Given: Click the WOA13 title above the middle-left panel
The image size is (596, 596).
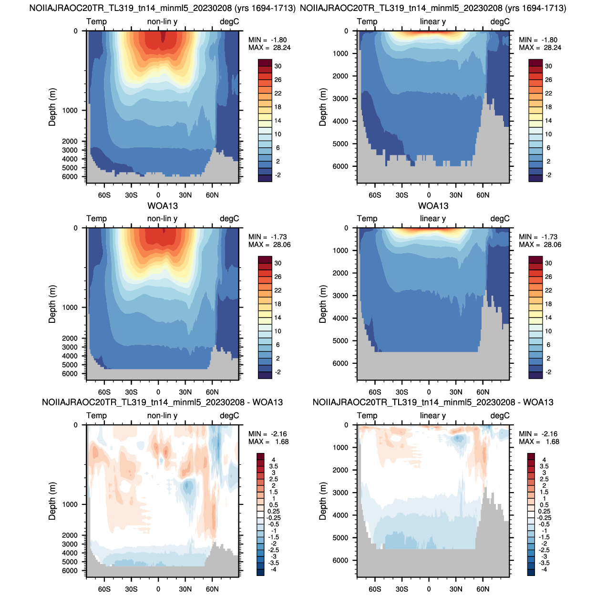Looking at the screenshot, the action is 163,206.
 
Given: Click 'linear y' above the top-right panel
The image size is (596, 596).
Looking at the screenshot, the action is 432,21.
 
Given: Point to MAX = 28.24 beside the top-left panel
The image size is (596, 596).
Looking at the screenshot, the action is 269,48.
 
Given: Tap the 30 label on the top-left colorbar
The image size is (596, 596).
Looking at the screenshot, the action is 278,66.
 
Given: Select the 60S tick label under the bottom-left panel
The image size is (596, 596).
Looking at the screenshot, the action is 104,589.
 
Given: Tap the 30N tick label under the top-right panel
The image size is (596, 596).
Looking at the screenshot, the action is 456,195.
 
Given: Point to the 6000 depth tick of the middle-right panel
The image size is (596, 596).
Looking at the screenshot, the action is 340,363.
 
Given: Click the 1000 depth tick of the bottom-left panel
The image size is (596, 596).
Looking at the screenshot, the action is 70,504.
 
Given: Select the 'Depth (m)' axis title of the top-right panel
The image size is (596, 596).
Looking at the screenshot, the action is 323,107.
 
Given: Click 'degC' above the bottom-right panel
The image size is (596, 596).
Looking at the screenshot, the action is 500,415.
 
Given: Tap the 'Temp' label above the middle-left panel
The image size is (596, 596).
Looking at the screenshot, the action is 96,219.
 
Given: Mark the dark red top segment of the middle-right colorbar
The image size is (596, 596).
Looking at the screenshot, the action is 536,259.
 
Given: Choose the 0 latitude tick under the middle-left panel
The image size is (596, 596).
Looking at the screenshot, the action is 158,392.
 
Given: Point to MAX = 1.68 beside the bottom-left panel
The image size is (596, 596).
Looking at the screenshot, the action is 268,442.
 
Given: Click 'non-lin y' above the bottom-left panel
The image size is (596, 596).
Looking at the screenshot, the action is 162,415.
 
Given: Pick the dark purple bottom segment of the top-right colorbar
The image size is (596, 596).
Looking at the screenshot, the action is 536,178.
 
